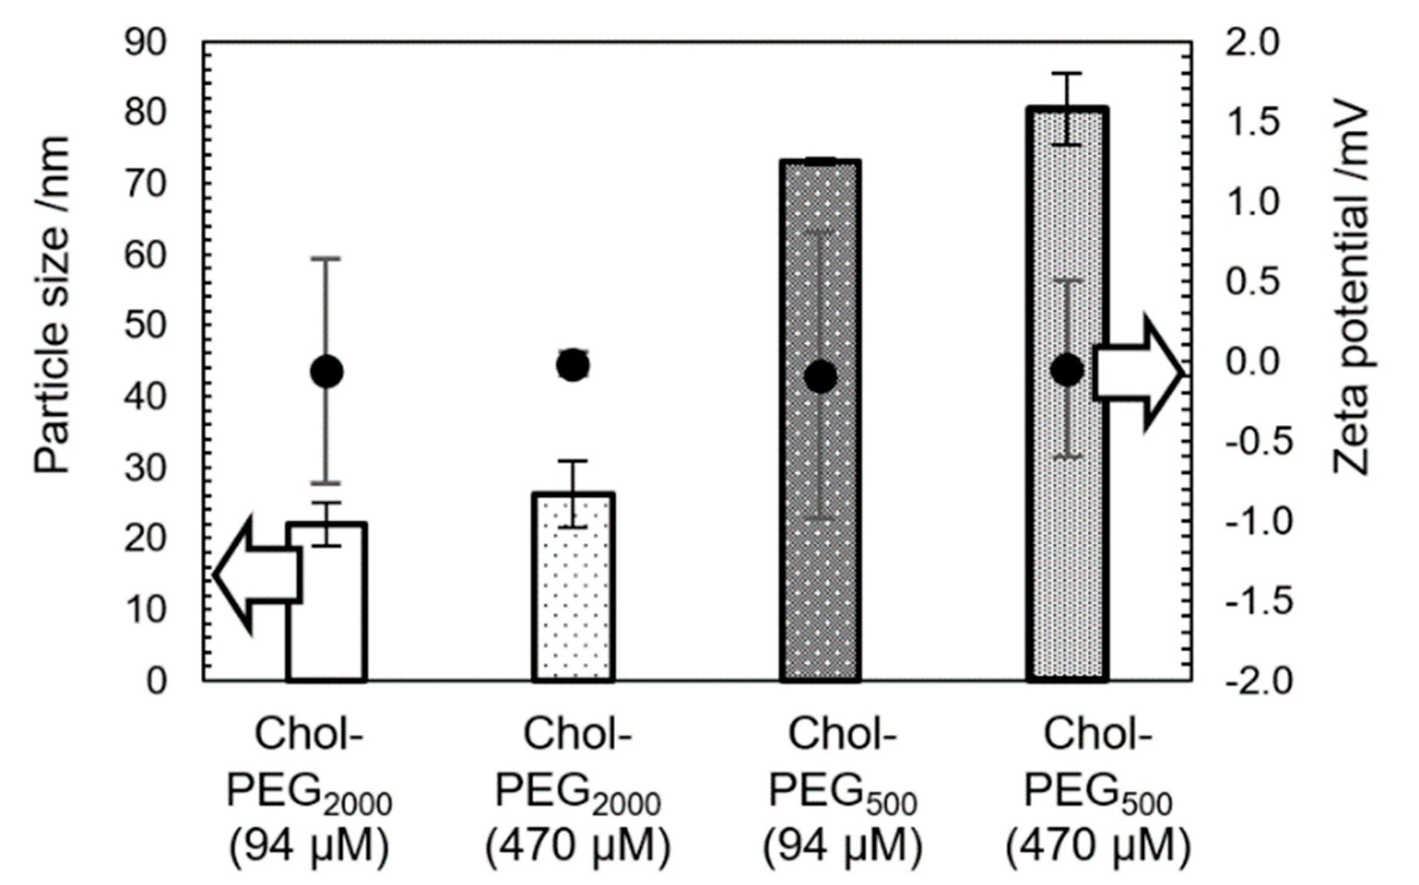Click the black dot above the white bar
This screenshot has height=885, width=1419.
[327, 371]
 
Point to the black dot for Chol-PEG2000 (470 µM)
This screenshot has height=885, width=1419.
[573, 365]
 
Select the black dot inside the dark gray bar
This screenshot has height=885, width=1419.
[820, 376]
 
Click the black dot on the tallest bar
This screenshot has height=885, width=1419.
[1067, 370]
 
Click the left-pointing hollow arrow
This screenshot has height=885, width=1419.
[257, 574]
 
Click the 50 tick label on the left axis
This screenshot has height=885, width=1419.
[145, 327]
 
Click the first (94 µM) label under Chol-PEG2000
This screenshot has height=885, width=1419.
[309, 847]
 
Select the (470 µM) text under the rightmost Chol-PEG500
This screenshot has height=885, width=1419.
[1098, 847]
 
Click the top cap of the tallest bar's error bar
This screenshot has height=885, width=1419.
[1067, 73]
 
